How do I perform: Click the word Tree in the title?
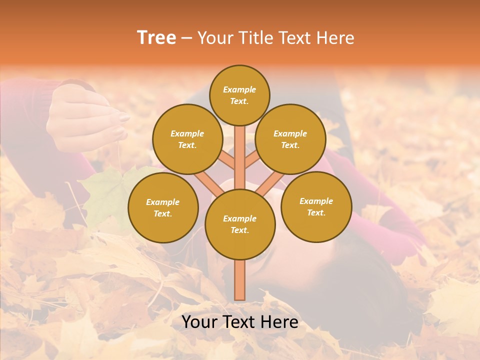tap(156, 38)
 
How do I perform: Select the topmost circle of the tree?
tap(239, 95)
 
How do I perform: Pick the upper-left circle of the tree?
tap(187, 139)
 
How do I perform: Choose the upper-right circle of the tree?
tap(290, 139)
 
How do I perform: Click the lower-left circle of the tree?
tap(163, 207)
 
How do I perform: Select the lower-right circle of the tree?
tap(316, 206)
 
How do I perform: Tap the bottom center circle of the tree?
tap(240, 224)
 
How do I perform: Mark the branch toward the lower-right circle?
tap(270, 184)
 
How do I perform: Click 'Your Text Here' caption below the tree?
tap(240, 322)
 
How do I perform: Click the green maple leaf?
tap(107, 192)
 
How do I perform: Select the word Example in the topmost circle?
tap(239, 89)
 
